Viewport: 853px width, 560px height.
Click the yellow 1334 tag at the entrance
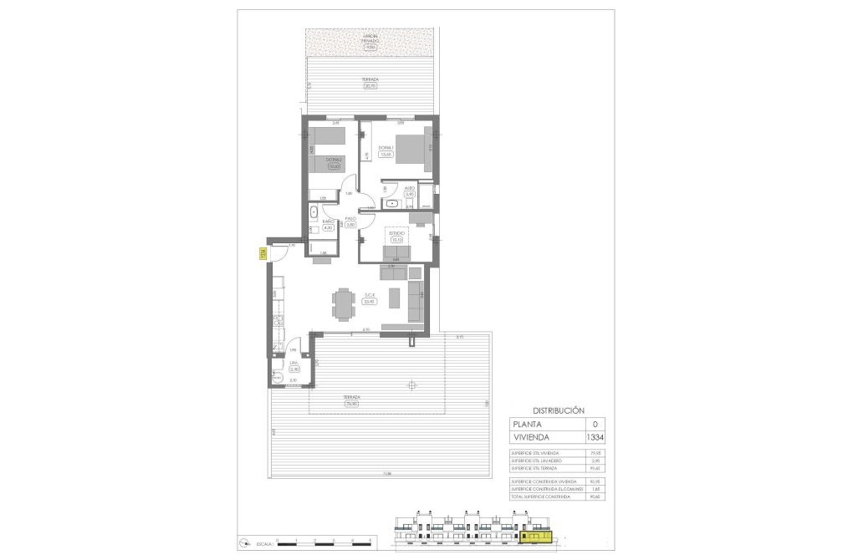point(262,255)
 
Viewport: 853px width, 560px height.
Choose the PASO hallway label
point(350,221)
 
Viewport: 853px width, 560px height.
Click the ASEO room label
point(410,191)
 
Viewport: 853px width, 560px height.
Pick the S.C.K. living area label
point(369,298)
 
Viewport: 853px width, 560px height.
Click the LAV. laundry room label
point(294,365)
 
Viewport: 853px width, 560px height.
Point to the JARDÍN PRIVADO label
point(370,41)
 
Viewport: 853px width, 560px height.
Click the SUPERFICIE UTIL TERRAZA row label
point(536,469)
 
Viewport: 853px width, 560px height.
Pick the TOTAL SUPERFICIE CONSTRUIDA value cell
point(595,496)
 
